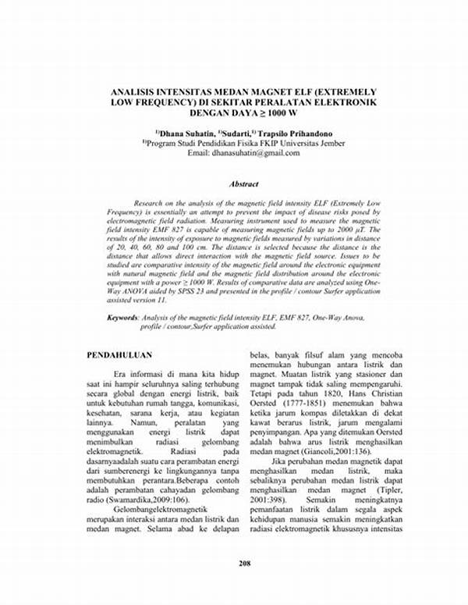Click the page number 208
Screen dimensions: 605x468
[x=234, y=583]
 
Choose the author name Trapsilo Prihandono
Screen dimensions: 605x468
[x=296, y=133]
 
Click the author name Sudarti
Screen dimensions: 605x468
[x=230, y=133]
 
